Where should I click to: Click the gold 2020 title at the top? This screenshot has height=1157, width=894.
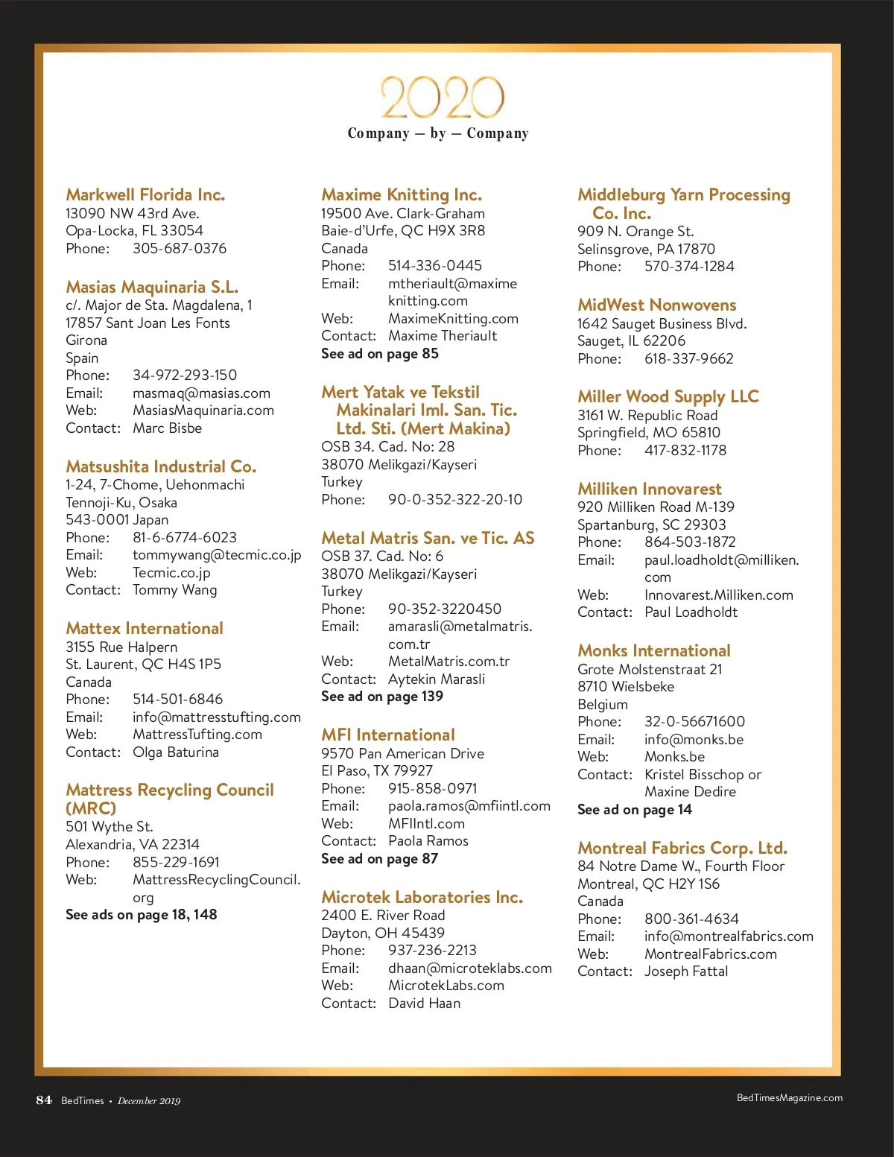click(443, 98)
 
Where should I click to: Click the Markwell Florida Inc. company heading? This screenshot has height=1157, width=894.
click(145, 194)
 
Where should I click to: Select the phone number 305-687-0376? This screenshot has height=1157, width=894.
click(180, 249)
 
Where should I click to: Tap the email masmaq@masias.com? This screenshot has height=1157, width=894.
click(201, 393)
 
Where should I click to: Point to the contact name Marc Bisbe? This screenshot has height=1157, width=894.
click(167, 428)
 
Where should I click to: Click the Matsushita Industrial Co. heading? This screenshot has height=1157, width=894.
click(161, 466)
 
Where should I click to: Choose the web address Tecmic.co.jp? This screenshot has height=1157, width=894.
click(171, 573)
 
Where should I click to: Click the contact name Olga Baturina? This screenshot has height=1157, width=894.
click(176, 752)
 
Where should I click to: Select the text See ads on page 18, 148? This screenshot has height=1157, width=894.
click(142, 915)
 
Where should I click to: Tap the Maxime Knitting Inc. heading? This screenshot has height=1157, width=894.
click(402, 194)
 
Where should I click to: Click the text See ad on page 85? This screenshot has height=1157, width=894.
click(380, 354)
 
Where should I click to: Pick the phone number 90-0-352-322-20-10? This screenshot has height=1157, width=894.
click(455, 500)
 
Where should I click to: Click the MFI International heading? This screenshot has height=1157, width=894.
click(388, 735)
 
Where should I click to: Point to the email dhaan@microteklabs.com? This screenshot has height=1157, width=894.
click(470, 969)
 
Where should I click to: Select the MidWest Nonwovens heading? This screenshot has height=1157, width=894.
click(656, 305)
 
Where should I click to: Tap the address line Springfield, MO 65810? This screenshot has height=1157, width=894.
click(649, 433)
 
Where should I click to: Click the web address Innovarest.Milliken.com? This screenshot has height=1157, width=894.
click(719, 595)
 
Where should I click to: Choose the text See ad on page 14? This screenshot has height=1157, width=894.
click(635, 810)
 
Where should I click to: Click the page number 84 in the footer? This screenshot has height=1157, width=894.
click(44, 1100)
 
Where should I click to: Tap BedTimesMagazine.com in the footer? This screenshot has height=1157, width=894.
click(790, 1098)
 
